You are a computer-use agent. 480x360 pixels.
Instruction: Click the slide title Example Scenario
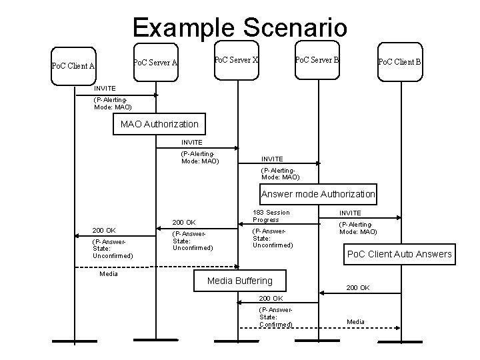(x=239, y=27)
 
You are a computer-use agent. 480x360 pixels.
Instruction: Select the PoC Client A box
(x=75, y=65)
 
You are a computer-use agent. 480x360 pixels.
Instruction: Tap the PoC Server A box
(x=155, y=63)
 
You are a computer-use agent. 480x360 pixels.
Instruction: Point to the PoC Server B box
(x=317, y=60)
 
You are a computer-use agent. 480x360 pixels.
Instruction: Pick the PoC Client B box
(x=399, y=63)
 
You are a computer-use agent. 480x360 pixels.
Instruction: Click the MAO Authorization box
(x=159, y=124)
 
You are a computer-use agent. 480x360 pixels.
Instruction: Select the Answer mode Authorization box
(x=318, y=195)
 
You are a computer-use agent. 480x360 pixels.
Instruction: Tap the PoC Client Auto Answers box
(x=399, y=254)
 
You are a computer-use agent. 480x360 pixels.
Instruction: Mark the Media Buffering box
(x=239, y=281)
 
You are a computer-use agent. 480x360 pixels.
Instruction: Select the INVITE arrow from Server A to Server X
(x=197, y=148)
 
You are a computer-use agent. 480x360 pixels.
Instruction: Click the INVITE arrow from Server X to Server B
(x=279, y=164)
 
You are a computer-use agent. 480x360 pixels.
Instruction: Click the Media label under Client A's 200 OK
(x=108, y=274)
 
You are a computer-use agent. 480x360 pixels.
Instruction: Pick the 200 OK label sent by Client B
(x=358, y=288)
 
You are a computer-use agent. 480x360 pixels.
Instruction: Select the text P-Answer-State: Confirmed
(x=275, y=317)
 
